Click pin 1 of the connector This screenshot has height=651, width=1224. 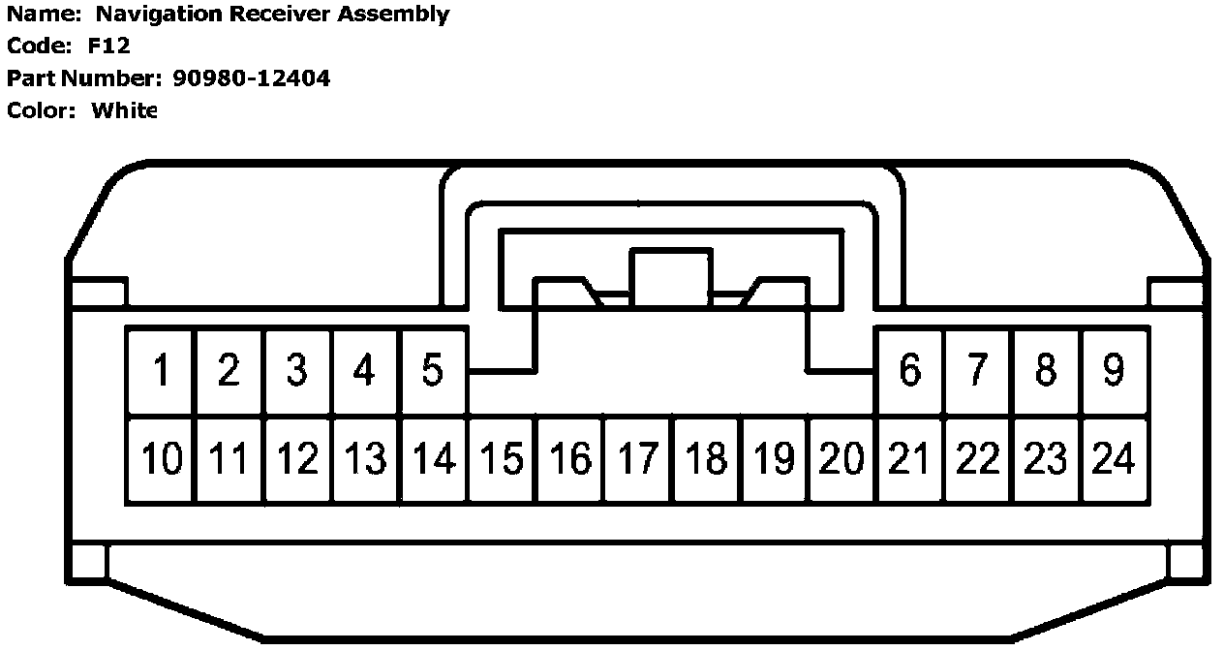point(161,371)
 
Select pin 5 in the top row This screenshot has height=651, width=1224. point(432,371)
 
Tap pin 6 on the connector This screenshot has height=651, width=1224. point(909,371)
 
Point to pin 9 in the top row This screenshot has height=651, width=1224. point(1114,371)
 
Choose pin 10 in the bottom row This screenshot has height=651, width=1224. point(161,459)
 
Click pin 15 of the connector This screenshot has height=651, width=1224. point(502,459)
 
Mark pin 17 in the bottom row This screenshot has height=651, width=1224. point(638,459)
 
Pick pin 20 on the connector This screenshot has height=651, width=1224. point(841,459)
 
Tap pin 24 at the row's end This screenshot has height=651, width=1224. point(1114,459)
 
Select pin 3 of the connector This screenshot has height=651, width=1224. point(296,371)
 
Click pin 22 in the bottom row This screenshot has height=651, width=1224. point(977,459)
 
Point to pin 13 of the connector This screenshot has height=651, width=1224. point(365,459)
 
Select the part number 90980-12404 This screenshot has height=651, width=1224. point(258,77)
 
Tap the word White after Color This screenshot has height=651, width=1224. point(124,109)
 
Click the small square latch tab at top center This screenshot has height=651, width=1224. point(670,277)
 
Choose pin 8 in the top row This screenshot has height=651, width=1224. point(1046,371)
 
